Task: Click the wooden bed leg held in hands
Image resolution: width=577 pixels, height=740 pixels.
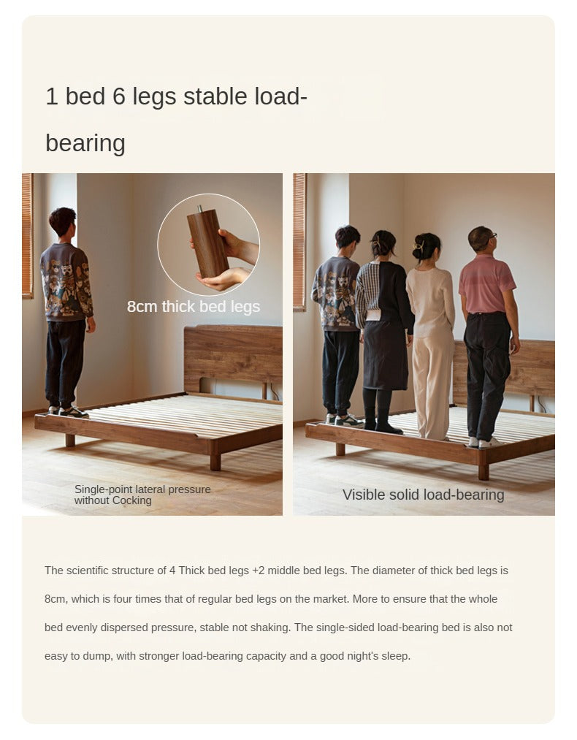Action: (208, 243)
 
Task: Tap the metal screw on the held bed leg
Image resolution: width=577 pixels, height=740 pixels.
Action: (200, 208)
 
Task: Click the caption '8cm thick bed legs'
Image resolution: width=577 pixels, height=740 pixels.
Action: (194, 306)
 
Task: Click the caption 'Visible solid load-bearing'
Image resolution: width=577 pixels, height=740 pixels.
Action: (423, 495)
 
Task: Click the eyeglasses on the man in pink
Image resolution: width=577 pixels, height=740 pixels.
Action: (491, 235)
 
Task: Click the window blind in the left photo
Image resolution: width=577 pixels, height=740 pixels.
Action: (27, 235)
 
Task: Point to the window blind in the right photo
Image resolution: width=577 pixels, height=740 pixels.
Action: (299, 242)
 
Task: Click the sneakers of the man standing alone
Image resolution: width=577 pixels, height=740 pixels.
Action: (69, 411)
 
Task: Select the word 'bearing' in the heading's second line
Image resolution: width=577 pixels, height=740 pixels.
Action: (85, 143)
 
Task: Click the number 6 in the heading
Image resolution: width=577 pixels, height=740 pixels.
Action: (119, 96)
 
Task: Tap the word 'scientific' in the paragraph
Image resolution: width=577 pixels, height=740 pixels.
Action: (88, 570)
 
